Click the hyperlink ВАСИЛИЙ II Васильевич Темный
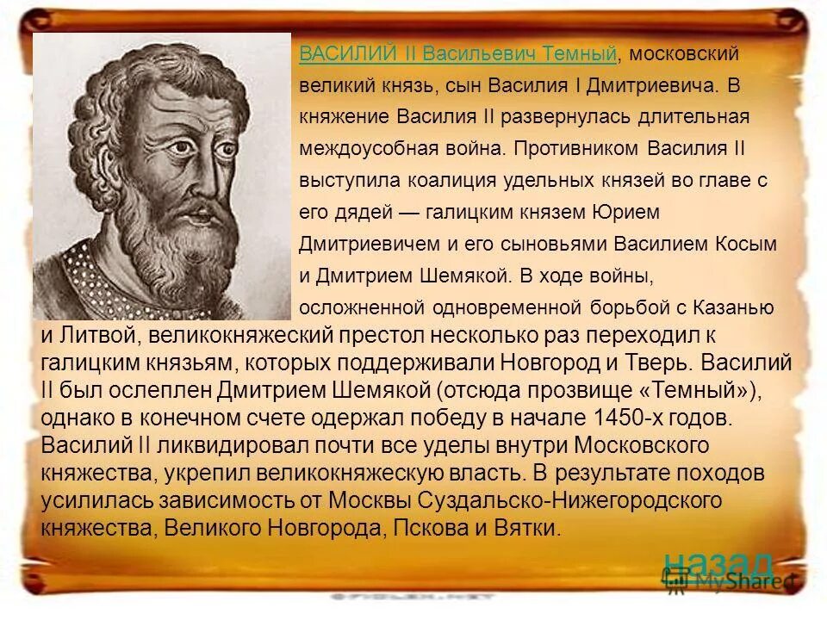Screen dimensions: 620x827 coord(457,54)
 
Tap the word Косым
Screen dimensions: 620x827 coord(746,244)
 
